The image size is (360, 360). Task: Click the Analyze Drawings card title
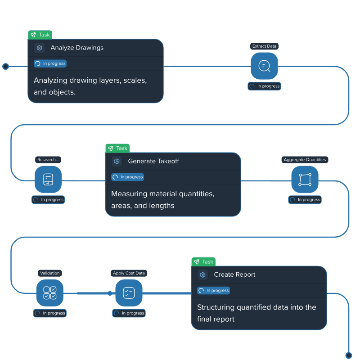77,48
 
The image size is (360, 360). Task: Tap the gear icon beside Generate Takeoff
117,161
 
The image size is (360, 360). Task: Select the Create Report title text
234,274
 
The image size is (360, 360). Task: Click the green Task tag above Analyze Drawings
40,35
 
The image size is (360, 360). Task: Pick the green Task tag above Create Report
203,261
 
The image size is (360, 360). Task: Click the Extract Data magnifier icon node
264,66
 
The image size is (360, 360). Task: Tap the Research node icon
48,180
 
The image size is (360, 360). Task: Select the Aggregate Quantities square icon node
305,180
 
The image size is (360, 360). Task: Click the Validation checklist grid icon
49,293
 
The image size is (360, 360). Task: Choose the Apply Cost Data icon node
129,293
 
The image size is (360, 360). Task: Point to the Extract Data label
264,46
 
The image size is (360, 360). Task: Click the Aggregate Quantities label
305,160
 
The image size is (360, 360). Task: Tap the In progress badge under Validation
50,313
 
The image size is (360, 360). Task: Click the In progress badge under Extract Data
265,86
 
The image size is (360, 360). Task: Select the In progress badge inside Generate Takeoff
128,177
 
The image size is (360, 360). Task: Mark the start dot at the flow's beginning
6,67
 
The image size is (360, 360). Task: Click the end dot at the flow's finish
349,355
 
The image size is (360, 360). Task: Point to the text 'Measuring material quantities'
162,194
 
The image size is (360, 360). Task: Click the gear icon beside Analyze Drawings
39,48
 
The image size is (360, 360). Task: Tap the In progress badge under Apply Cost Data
129,313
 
